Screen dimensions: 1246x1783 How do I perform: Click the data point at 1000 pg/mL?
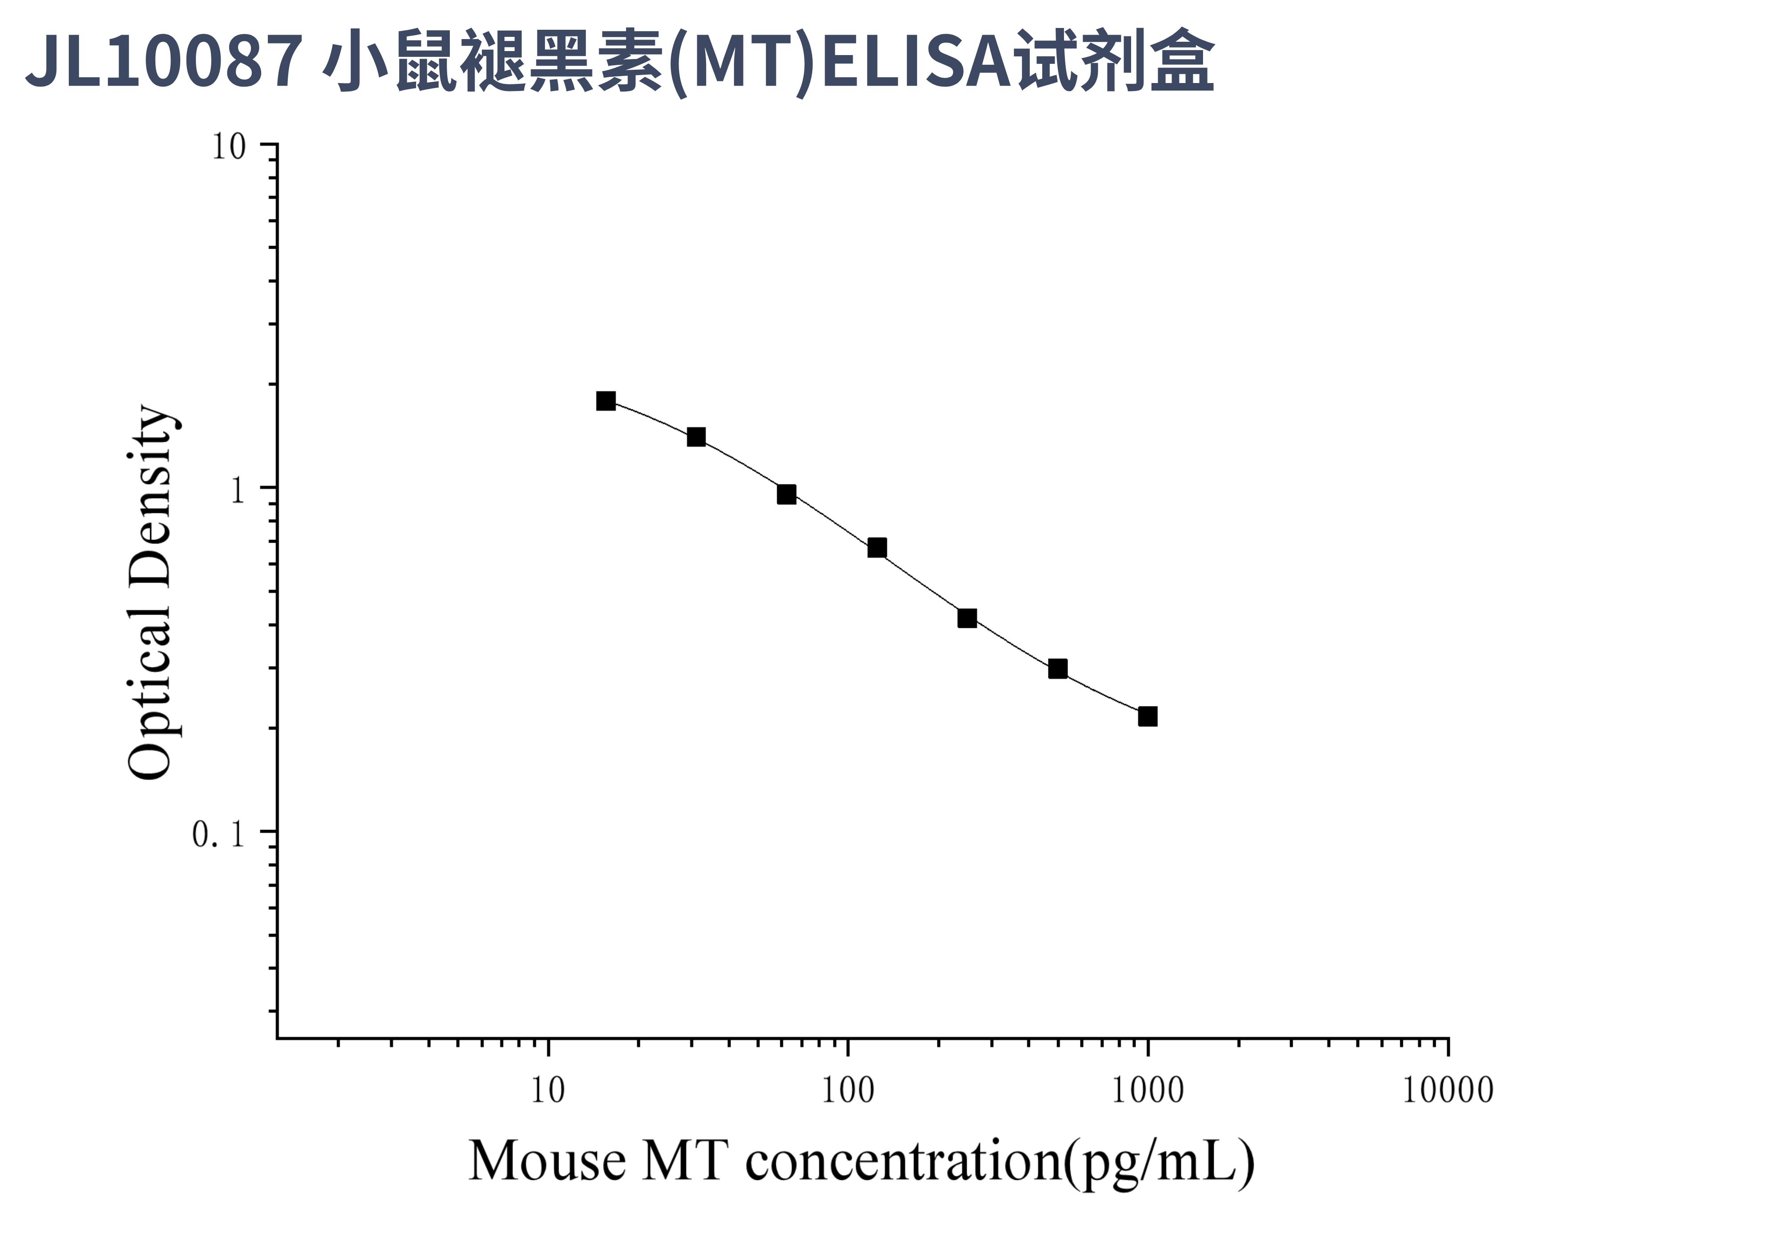click(x=1147, y=716)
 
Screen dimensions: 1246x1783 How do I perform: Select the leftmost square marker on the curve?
click(x=606, y=401)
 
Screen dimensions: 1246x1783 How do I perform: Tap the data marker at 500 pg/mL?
click(x=1057, y=668)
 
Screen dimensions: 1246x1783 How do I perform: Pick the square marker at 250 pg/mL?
click(x=967, y=618)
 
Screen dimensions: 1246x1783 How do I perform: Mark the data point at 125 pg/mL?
click(x=877, y=548)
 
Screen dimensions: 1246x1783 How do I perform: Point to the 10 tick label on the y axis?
click(x=228, y=147)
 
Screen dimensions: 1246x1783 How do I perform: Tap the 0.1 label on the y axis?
click(x=218, y=834)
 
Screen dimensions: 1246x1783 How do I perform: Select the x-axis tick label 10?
click(x=548, y=1091)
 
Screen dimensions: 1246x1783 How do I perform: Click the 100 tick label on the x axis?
click(x=847, y=1091)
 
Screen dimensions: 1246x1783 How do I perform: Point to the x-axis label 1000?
click(x=1147, y=1091)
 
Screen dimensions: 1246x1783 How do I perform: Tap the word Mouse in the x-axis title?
click(x=547, y=1162)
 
